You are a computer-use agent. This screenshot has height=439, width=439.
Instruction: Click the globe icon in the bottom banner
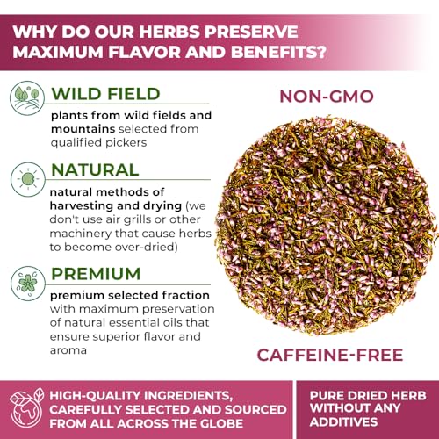click(26, 407)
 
